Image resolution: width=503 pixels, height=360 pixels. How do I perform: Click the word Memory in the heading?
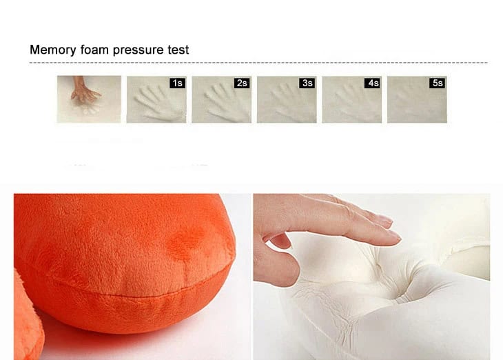tap(53, 50)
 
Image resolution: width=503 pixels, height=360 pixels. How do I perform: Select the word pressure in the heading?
tap(138, 50)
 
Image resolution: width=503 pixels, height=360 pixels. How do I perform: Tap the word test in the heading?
tap(178, 50)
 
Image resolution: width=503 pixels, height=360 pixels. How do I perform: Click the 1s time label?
tap(177, 83)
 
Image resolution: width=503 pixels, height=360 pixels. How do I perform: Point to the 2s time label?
tap(242, 83)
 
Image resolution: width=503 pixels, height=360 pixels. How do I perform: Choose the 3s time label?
tap(307, 83)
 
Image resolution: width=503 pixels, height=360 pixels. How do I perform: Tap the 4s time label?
tap(373, 83)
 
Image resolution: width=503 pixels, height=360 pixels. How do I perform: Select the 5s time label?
tap(438, 83)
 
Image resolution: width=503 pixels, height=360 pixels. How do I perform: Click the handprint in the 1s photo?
tap(157, 103)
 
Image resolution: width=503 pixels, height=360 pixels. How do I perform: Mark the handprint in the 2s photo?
tap(226, 101)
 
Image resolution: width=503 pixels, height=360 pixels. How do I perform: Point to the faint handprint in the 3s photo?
tap(290, 101)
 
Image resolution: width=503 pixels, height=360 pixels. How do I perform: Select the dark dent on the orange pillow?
tap(187, 241)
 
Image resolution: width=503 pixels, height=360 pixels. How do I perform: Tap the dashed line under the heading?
tap(258, 63)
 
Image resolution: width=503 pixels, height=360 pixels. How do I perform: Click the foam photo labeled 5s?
tap(417, 99)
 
